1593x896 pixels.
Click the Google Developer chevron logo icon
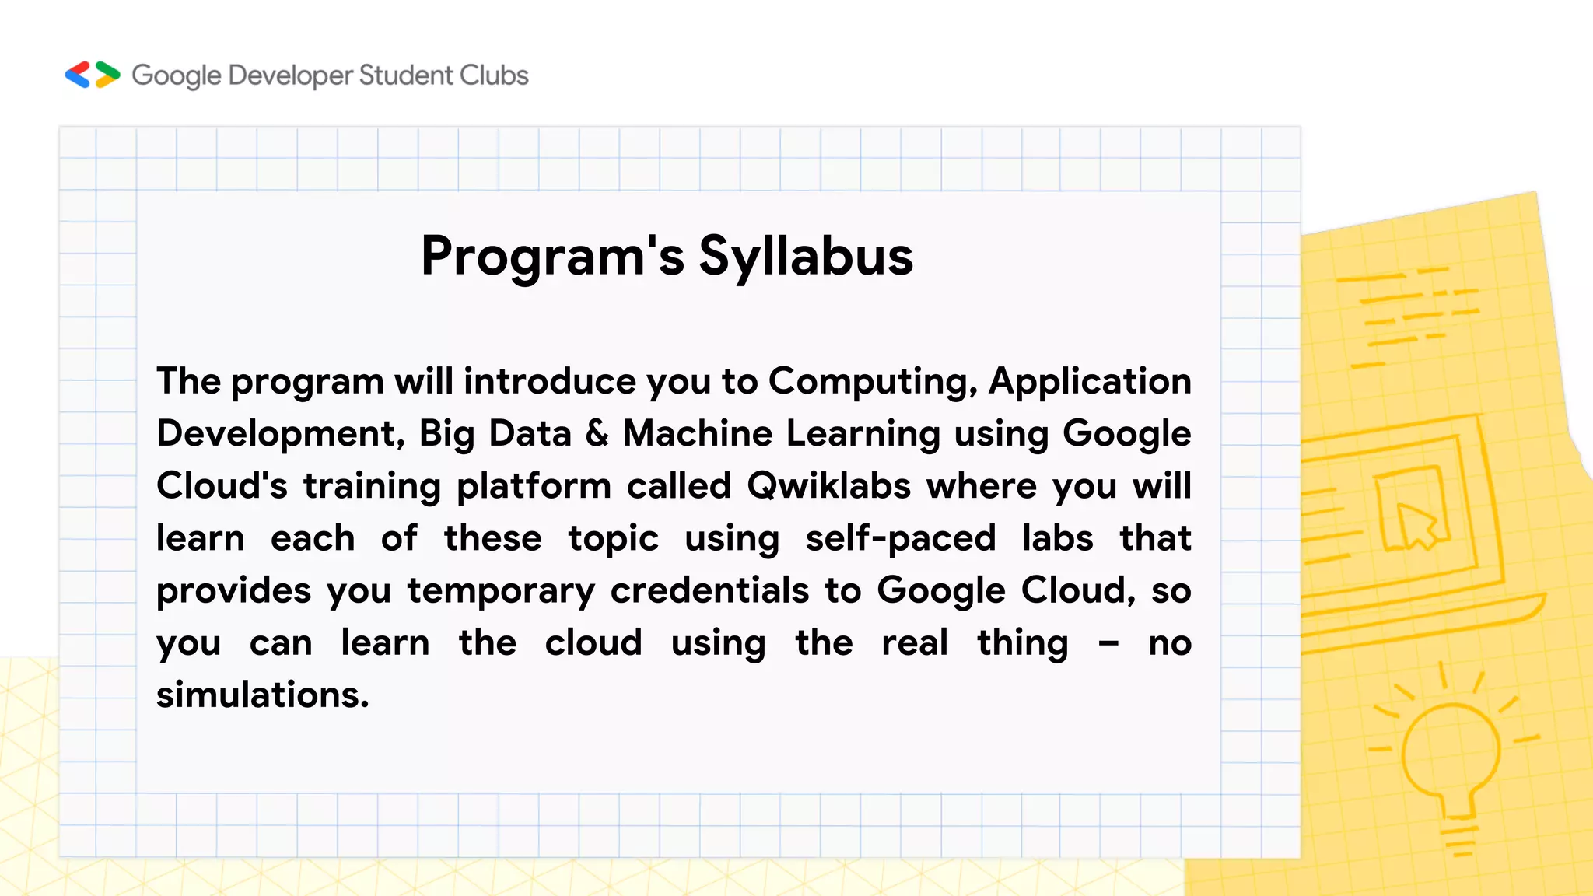point(93,75)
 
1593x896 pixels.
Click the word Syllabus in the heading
point(806,257)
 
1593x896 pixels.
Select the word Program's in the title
point(552,257)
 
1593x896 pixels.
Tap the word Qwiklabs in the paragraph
point(828,486)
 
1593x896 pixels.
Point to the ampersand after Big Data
point(597,433)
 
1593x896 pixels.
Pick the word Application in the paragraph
point(1090,382)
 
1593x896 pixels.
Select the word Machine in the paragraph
point(698,433)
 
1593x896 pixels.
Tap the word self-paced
point(901,538)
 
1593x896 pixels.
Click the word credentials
point(709,590)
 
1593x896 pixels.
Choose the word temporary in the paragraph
point(501,591)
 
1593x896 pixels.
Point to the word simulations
point(262,695)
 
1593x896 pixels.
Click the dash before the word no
point(1108,643)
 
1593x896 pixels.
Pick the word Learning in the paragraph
point(863,434)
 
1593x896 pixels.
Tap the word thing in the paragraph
point(1023,644)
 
